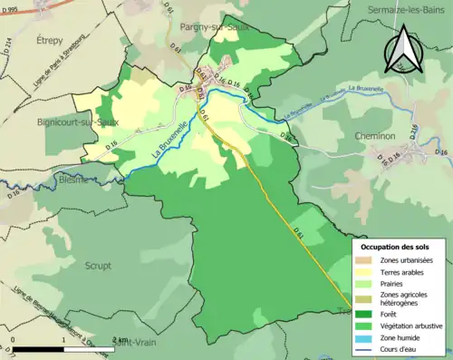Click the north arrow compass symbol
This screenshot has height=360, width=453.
(400, 49)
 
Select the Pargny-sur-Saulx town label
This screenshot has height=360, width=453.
(217, 27)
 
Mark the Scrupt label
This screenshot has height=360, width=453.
(98, 266)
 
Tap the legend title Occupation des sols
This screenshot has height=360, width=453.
(395, 247)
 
